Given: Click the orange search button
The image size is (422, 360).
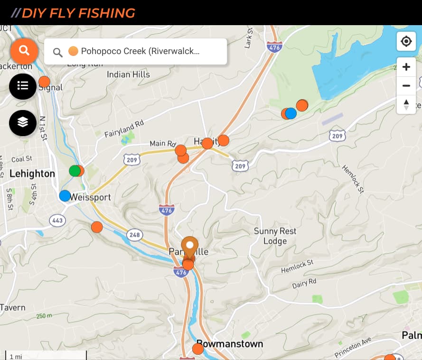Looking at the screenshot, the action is point(24,50).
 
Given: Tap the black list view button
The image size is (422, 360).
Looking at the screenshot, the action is point(23,86).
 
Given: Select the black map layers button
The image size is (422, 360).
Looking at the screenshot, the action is point(23,122).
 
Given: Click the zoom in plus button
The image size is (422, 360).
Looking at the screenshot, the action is point(406,67).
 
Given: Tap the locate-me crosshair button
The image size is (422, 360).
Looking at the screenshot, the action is point(406,42).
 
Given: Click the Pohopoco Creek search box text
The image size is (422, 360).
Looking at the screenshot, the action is point(140,51).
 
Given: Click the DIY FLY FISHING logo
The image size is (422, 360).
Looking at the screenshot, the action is point(73,13).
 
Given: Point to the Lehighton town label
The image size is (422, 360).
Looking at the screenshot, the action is point(32,174).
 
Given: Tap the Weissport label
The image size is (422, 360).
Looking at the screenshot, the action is point(90,197).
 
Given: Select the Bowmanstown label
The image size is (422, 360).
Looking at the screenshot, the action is point(230,344).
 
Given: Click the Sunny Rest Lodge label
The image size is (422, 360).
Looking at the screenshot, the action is point(275,236).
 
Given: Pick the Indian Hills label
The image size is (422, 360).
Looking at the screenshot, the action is point(128,74).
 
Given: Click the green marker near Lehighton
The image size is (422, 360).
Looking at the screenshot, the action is point(75,171).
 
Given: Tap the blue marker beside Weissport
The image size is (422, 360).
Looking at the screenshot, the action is point(65,195).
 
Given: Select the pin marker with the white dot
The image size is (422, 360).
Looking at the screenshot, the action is point(190,247).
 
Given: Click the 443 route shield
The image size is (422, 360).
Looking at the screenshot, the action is point(57,220).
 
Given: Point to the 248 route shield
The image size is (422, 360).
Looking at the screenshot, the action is point(135,234).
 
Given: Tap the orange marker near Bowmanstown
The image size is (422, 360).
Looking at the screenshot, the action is point(198,349).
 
